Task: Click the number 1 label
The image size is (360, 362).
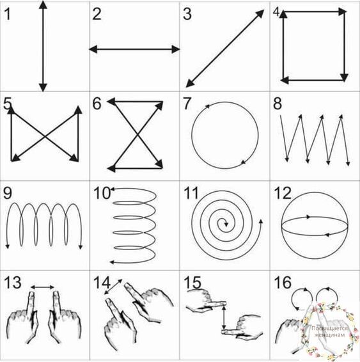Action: (8, 14)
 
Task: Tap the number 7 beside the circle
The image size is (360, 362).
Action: (187, 104)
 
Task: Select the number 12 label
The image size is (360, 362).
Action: (283, 193)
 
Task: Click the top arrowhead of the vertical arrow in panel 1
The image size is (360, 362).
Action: (43, 4)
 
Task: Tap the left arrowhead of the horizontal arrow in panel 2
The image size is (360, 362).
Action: (93, 49)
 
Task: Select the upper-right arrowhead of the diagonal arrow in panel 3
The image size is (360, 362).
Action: (260, 13)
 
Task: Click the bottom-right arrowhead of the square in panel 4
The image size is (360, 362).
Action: (344, 78)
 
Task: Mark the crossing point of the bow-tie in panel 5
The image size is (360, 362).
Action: (45, 136)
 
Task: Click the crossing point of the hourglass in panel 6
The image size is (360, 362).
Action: (137, 134)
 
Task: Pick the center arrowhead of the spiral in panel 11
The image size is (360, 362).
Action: (226, 224)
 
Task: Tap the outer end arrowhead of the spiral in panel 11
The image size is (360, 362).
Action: (261, 221)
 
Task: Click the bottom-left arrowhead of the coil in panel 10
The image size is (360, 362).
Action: (112, 262)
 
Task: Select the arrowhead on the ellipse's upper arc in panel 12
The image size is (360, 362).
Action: (308, 217)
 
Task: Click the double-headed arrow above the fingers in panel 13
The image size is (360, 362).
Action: (42, 287)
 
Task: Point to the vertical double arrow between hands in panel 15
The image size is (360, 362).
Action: (223, 317)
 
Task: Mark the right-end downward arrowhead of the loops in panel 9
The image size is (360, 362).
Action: (81, 247)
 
